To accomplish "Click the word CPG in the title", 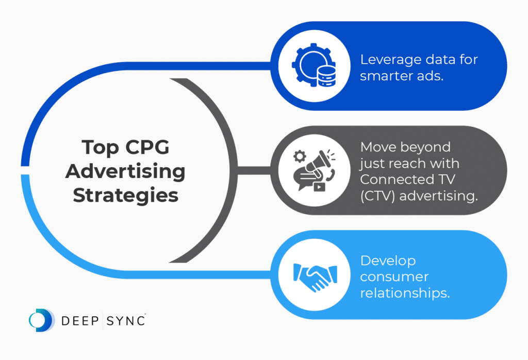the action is pos(147,147).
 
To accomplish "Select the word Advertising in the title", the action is pos(125,171).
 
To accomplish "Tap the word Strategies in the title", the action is pos(125,195).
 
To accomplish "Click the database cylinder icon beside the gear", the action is pos(326,76).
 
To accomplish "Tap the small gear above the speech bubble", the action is pos(300,156).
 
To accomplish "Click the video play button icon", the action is pos(319,187).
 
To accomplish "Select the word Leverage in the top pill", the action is pos(386,60).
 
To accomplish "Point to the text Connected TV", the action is pos(407,179).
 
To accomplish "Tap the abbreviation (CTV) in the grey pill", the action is pos(377,196).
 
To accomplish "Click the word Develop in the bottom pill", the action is pos(388,261).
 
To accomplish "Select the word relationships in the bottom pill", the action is pos(405,293).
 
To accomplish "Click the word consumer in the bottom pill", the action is pos(394,277).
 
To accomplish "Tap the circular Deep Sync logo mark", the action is pos(41,320).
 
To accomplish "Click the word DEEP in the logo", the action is pos(80,321).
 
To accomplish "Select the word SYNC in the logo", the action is pos(126,321).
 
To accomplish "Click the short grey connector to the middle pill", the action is pos(254,170).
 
